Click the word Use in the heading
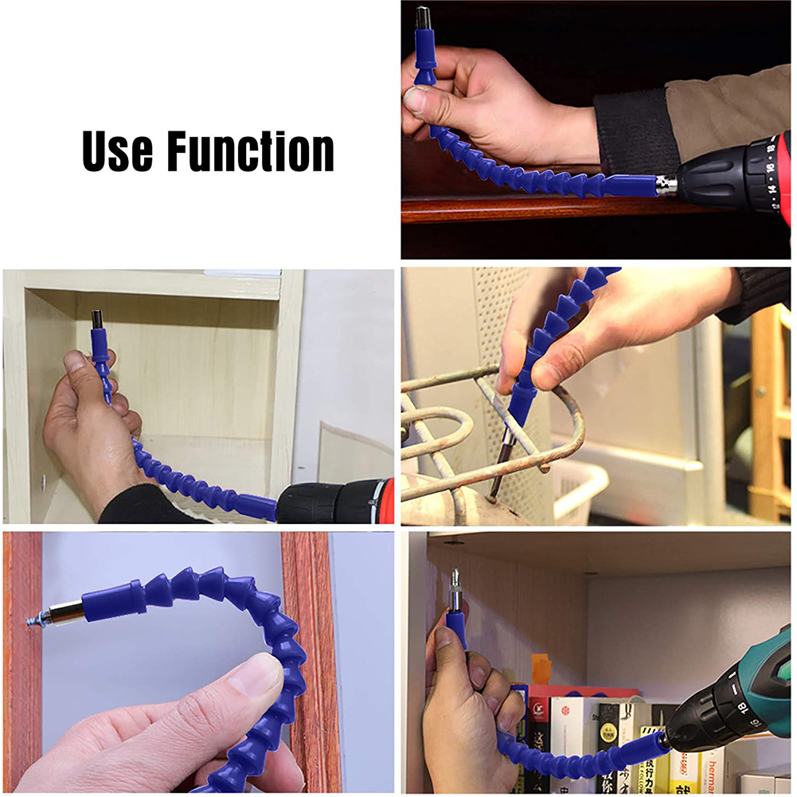click(118, 150)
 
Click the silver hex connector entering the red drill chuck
click(665, 185)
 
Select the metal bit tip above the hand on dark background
click(421, 16)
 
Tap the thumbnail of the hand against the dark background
click(416, 100)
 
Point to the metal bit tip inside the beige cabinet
click(97, 318)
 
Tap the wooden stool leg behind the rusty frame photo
click(767, 414)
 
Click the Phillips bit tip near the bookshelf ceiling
click(454, 577)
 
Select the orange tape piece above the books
click(541, 668)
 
